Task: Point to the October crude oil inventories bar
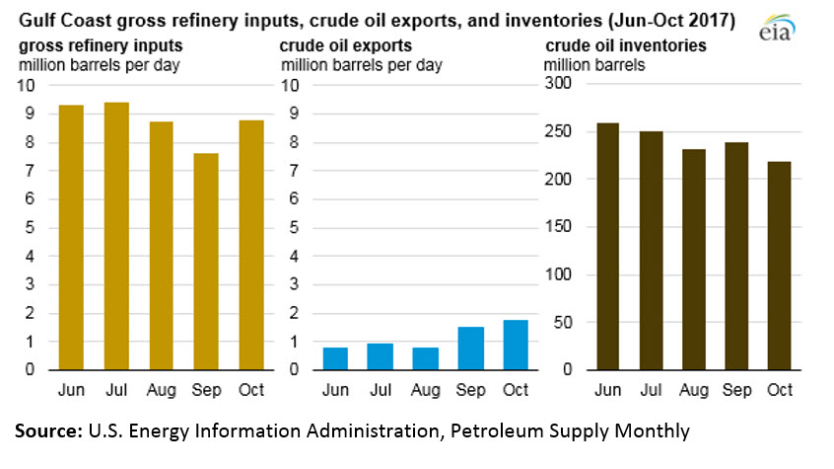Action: point(778,266)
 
